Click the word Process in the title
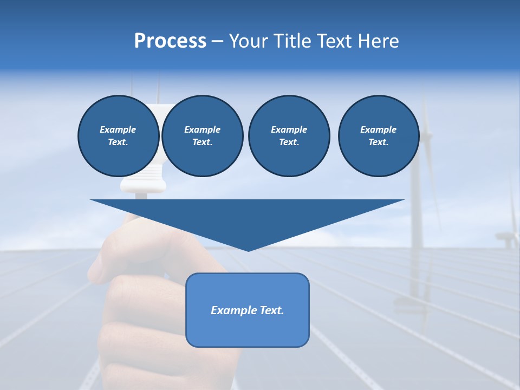click(x=170, y=41)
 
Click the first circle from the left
click(x=119, y=136)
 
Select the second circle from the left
click(x=203, y=136)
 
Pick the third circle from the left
click(x=289, y=136)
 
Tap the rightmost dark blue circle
click(x=379, y=136)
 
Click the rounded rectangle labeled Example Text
click(x=248, y=310)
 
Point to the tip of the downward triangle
click(x=248, y=250)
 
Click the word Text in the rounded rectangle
click(x=271, y=310)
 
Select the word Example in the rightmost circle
click(x=378, y=129)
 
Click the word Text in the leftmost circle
click(x=117, y=142)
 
